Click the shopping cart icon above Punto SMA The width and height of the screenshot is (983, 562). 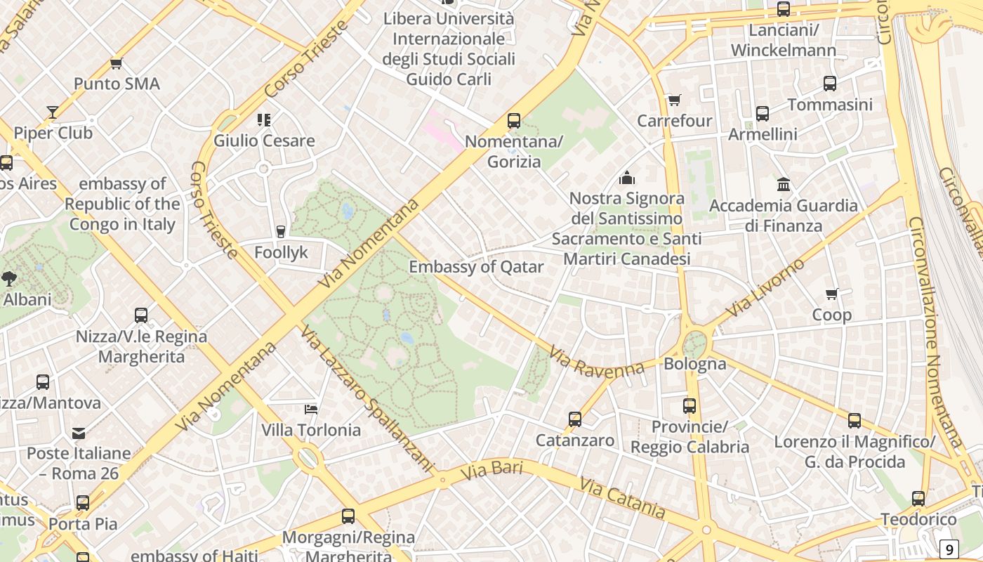click(x=117, y=64)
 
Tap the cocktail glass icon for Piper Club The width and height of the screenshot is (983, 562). click(x=53, y=112)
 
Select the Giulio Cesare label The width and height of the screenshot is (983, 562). click(x=264, y=140)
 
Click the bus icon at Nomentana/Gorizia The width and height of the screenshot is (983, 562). click(x=514, y=121)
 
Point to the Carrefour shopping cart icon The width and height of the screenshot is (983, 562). click(x=674, y=100)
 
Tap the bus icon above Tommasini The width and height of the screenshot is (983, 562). click(x=829, y=84)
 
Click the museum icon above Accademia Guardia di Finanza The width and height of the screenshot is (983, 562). click(x=784, y=185)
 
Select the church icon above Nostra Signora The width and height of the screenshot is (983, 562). click(x=627, y=178)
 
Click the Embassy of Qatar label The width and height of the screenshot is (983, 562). click(x=476, y=267)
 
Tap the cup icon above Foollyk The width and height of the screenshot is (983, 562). click(x=281, y=231)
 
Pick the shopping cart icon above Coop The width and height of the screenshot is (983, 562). click(x=832, y=294)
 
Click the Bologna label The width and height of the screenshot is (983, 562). click(x=694, y=364)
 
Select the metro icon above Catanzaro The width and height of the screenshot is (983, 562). click(x=575, y=419)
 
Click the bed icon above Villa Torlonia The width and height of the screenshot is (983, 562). click(x=311, y=409)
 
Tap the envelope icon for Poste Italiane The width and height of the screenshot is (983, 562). click(x=79, y=433)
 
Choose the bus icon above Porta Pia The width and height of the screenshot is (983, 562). click(x=83, y=503)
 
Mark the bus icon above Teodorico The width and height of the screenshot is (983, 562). click(x=918, y=499)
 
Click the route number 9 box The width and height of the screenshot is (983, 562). click(x=949, y=549)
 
